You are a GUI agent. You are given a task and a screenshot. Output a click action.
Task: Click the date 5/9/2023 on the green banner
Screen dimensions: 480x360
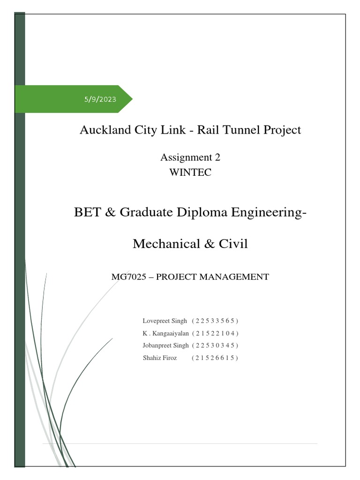point(100,99)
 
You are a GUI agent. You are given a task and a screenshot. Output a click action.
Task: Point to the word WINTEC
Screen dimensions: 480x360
point(190,172)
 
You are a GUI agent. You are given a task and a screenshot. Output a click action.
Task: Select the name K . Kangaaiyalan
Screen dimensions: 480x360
point(165,333)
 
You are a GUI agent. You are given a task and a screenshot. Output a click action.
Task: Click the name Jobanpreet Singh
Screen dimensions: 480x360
point(165,345)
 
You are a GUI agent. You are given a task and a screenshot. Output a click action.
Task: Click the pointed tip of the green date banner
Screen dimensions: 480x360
point(132,99)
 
